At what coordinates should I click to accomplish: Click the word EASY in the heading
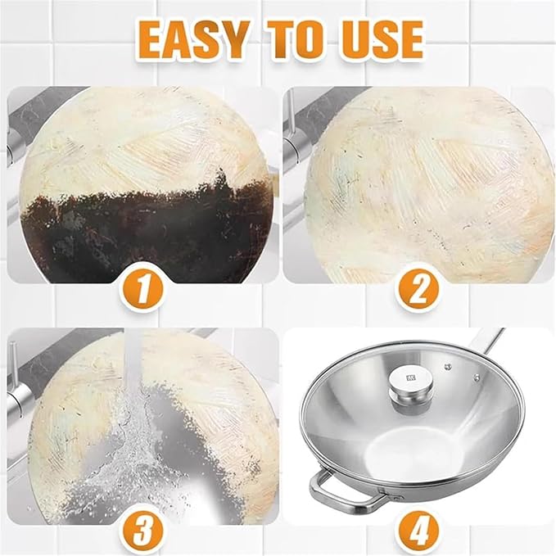point(192,39)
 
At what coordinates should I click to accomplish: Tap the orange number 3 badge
point(142,532)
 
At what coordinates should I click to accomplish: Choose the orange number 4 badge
point(418,532)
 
